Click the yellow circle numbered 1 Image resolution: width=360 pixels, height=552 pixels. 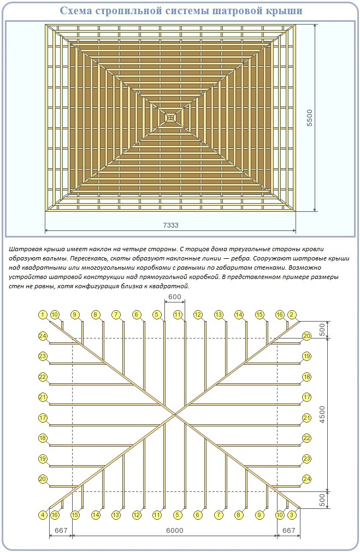(x=42, y=314)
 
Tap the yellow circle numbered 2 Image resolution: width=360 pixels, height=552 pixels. (x=292, y=314)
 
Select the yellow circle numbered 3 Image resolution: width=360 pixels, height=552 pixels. (x=292, y=515)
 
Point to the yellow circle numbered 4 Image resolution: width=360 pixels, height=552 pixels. (x=42, y=515)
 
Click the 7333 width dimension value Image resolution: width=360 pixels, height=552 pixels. (x=171, y=225)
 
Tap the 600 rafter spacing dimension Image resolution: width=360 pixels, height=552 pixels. (x=175, y=296)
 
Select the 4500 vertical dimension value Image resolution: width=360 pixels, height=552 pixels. (x=323, y=414)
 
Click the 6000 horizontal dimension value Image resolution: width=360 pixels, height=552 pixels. (x=175, y=531)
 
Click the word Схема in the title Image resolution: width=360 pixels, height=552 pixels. (x=74, y=11)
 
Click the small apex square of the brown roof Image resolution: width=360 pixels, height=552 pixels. (x=170, y=117)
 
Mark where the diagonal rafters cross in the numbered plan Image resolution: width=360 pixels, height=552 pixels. (x=175, y=414)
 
